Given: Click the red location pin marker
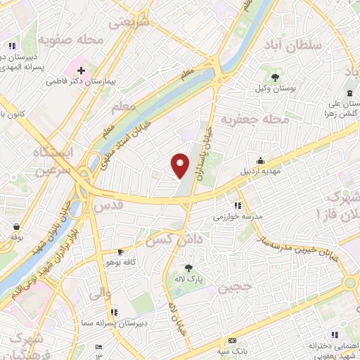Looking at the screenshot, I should pos(180,165).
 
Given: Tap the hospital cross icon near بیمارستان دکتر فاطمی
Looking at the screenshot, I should pos(82,71).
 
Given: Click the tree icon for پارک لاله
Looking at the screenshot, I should pos(188,267).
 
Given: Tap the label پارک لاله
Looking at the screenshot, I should pos(188,278).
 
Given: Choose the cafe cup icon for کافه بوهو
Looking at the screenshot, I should pos(120,252).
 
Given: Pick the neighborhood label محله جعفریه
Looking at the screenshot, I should pos(255,120).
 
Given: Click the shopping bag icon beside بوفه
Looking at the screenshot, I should pos(16,226).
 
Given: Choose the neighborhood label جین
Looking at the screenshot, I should pos(233,288).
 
